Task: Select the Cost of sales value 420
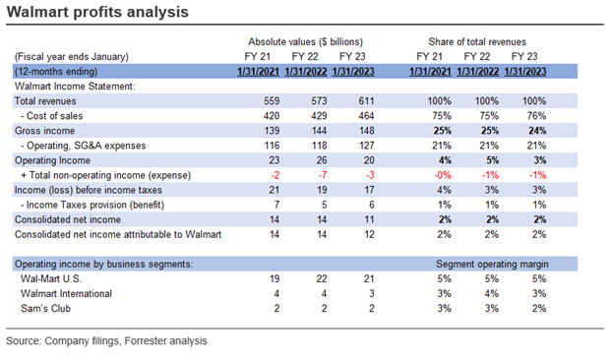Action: tap(273, 116)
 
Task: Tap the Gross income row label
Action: tap(41, 130)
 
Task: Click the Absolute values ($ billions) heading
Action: tap(305, 41)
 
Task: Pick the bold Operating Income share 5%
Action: tap(485, 158)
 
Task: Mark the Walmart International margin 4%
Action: tap(485, 293)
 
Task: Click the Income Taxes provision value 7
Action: tap(275, 202)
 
